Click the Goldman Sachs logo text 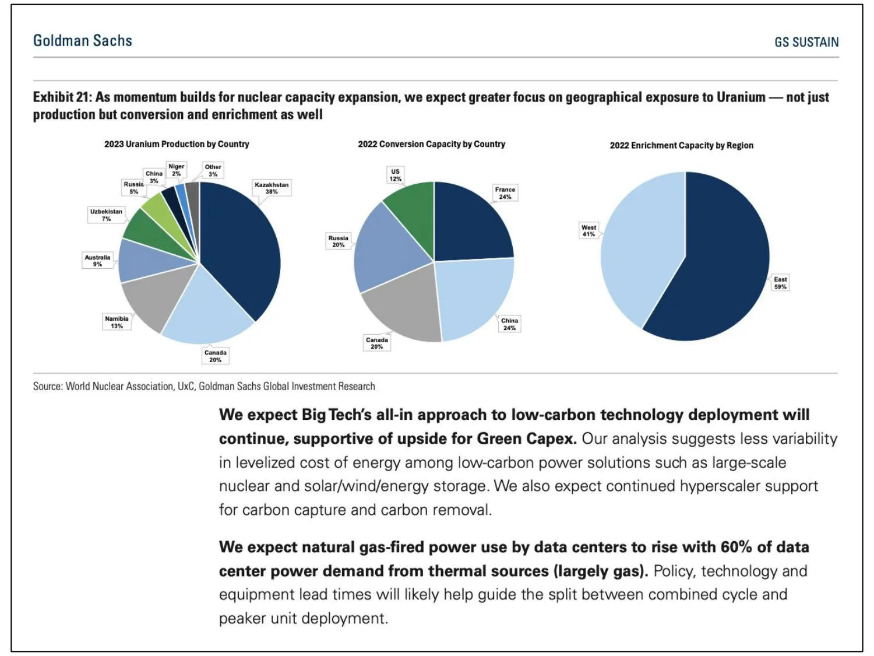pyautogui.click(x=83, y=41)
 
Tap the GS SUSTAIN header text pyautogui.click(x=806, y=42)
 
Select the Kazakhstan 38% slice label pyautogui.click(x=272, y=188)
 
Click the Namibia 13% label pyautogui.click(x=117, y=322)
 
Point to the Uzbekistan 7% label pyautogui.click(x=106, y=215)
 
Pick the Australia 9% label pyautogui.click(x=97, y=261)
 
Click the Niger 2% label pyautogui.click(x=176, y=170)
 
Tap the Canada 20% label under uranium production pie pyautogui.click(x=215, y=356)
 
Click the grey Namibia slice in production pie pyautogui.click(x=151, y=300)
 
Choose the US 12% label pyautogui.click(x=396, y=175)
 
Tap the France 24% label pyautogui.click(x=505, y=193)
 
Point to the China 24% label pyautogui.click(x=509, y=324)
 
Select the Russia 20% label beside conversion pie pyautogui.click(x=338, y=241)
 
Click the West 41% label pyautogui.click(x=588, y=231)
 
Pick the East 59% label pyautogui.click(x=780, y=283)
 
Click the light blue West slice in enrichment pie pyautogui.click(x=641, y=245)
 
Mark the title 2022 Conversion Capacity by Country pyautogui.click(x=431, y=144)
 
